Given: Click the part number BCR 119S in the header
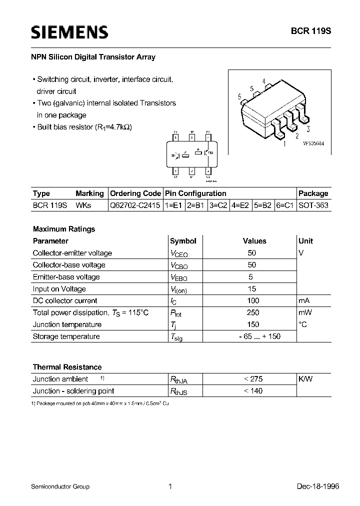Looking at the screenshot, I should tap(311, 30).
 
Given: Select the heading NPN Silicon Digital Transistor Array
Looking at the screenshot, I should tap(94, 57).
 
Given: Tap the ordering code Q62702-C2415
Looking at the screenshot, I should tap(135, 205).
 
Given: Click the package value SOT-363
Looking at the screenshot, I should tap(313, 205).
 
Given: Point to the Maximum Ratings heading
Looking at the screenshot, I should tap(64, 229).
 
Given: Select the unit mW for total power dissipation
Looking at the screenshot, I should tap(304, 312).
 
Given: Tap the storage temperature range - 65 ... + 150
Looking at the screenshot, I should tap(259, 336).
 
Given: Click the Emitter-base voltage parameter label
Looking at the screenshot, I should tap(66, 277).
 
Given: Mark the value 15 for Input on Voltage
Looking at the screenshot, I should tap(252, 289).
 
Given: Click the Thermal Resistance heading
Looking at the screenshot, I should tap(67, 367).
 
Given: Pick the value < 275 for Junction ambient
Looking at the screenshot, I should tap(253, 379).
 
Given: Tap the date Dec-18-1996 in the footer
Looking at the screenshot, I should tap(311, 486).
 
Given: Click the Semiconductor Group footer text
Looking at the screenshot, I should tap(60, 486).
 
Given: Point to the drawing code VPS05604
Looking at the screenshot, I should tap(313, 143).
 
